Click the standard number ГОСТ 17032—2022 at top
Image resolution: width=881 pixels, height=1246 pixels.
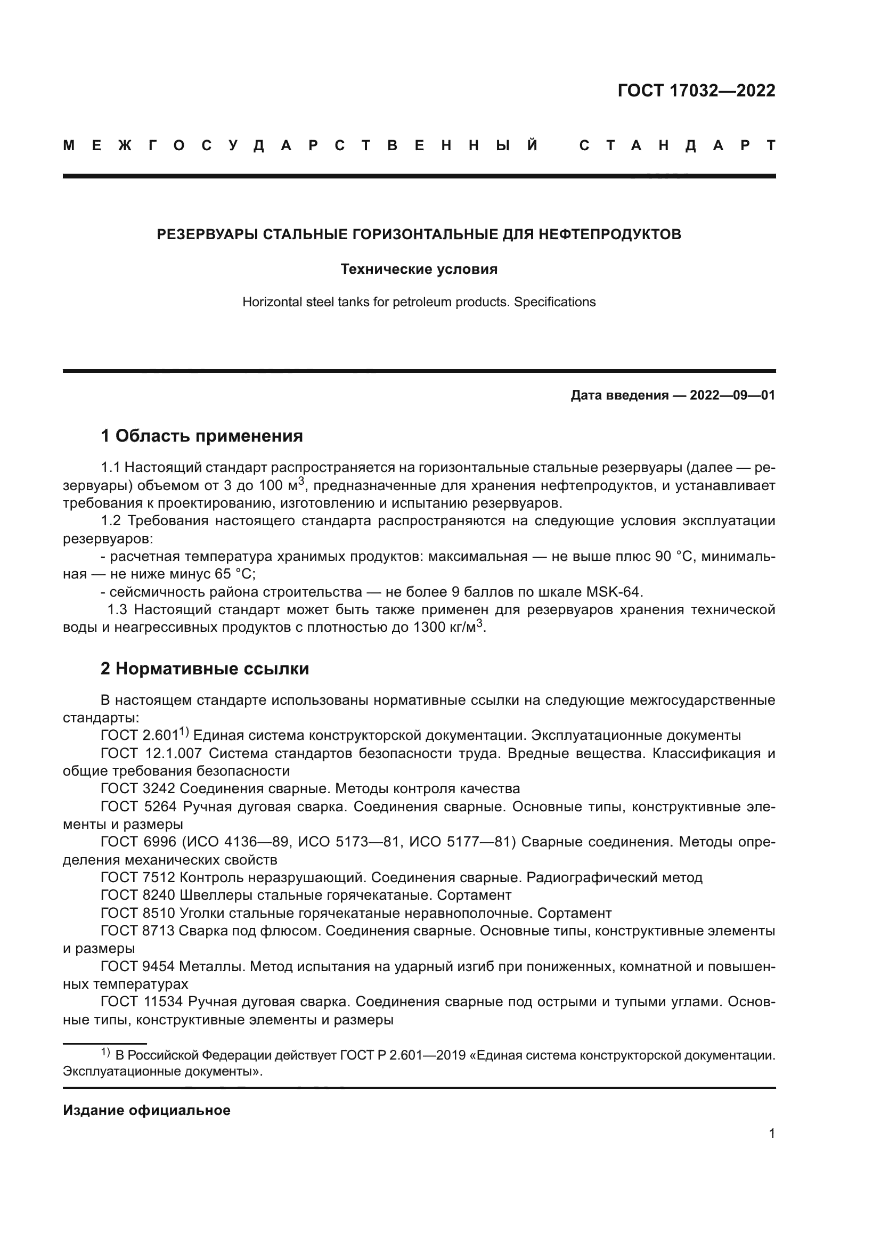(x=696, y=91)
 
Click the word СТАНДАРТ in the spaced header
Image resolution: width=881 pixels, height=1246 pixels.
(x=677, y=145)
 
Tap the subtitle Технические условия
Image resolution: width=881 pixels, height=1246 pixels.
(x=419, y=269)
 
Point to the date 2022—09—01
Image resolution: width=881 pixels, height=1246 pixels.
(x=732, y=396)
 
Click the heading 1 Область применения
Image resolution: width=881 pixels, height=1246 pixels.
(x=202, y=436)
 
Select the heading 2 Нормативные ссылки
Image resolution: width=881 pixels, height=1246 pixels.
(x=205, y=669)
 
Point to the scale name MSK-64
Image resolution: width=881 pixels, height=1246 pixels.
(x=614, y=592)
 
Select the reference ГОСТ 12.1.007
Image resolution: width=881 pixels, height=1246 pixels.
(x=151, y=754)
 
